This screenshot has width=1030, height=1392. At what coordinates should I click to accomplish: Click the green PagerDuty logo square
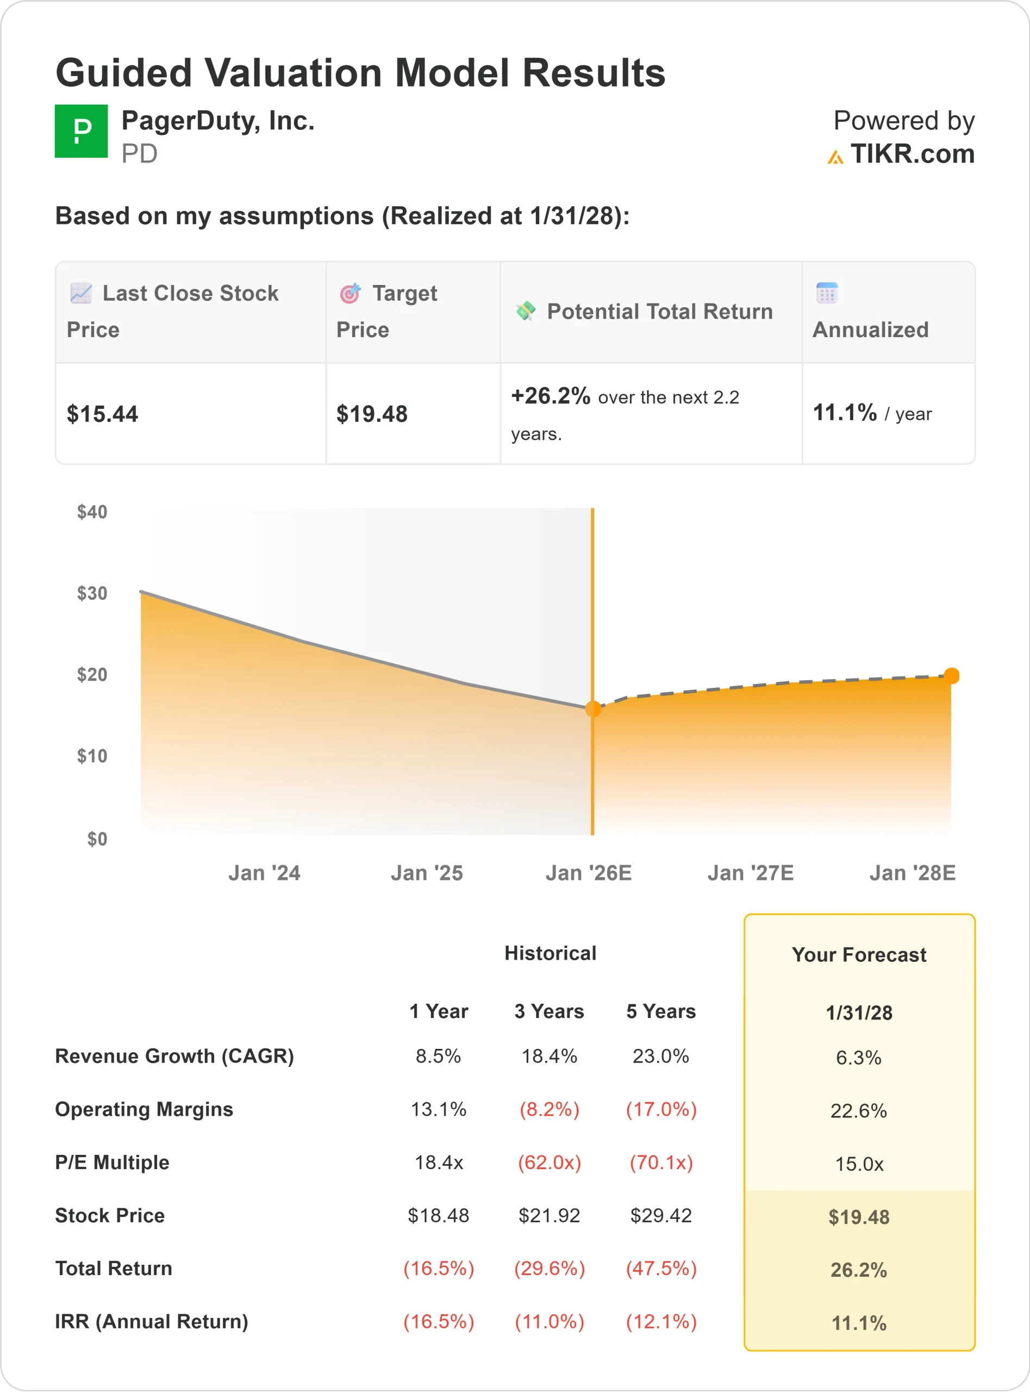81,131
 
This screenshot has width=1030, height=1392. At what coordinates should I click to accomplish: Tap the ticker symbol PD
139,153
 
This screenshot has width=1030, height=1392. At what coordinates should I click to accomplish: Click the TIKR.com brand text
912,153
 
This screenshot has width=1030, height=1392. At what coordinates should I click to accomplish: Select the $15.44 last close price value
102,414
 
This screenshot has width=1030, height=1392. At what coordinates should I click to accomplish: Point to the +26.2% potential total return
551,396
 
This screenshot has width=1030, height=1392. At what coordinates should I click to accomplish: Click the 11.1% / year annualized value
872,413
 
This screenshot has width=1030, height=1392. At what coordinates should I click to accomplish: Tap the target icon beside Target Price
350,293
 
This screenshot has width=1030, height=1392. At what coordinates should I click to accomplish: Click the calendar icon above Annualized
827,293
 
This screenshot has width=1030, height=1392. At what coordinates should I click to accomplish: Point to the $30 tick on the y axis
92,593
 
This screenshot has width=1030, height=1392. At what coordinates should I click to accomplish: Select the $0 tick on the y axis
97,839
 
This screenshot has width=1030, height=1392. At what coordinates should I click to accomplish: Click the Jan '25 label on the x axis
427,873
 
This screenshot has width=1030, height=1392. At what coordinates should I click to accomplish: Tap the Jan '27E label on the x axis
750,873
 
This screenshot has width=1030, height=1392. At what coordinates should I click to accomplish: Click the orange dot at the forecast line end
951,675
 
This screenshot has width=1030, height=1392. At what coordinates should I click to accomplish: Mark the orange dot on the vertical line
593,709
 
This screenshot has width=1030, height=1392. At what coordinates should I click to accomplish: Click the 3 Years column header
548,1011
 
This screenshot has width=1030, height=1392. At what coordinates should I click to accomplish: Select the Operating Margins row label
144,1109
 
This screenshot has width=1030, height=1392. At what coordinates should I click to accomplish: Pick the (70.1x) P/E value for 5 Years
661,1163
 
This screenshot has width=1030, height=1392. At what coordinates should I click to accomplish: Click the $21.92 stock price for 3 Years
548,1215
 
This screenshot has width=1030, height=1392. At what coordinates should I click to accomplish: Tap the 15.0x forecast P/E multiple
859,1164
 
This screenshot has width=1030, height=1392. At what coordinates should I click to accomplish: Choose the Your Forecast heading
859,955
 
